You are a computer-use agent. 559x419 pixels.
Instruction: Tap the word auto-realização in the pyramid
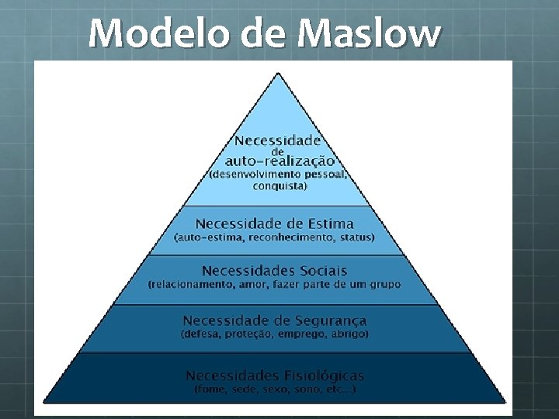pos(279,161)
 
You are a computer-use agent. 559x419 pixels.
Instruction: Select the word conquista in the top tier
pos(279,186)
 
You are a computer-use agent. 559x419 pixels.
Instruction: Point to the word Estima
pos(325,223)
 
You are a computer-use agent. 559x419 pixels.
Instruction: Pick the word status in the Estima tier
pos(356,237)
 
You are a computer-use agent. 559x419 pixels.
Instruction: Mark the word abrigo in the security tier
pos(350,334)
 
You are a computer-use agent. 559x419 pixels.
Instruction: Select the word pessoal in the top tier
pos(326,175)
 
